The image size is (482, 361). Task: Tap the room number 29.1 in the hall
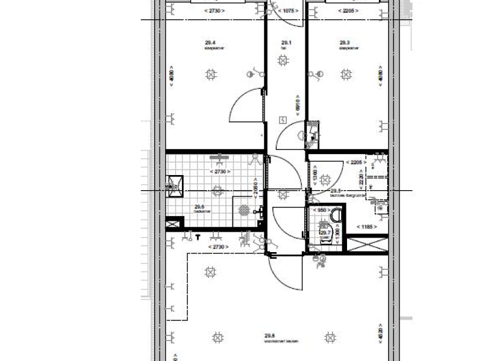point(287,43)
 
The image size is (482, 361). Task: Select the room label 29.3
point(344,43)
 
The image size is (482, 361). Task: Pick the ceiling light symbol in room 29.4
point(211,74)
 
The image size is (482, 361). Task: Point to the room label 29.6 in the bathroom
point(198,207)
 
